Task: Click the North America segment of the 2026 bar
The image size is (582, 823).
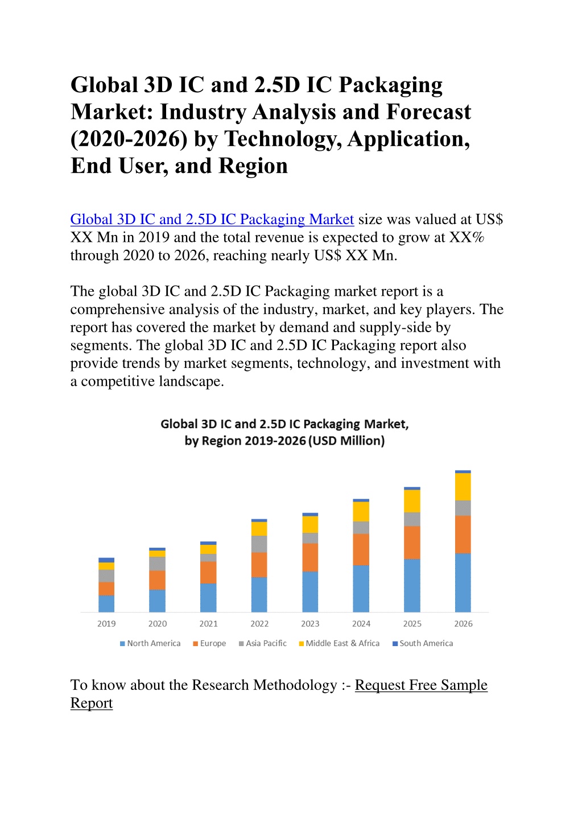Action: (463, 583)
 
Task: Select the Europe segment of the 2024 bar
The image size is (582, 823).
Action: (361, 549)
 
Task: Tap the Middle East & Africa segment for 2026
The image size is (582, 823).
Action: (463, 487)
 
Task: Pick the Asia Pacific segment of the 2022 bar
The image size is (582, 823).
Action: (259, 544)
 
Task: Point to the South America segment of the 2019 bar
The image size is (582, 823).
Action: (106, 560)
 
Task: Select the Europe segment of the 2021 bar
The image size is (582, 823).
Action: (208, 572)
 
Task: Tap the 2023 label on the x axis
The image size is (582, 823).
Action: (310, 623)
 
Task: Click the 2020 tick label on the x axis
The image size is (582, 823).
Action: (157, 623)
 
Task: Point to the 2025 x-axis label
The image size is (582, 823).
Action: (412, 623)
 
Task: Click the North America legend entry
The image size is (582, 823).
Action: (150, 643)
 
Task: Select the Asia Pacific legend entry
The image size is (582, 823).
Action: (263, 643)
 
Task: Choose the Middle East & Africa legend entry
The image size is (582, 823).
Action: (339, 643)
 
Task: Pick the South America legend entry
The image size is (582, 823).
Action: (423, 643)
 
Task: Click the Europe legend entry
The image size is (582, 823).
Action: (209, 643)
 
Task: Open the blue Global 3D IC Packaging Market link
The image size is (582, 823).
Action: (212, 220)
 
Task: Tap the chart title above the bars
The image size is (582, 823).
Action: (285, 432)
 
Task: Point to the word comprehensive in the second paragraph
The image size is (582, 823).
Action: (117, 310)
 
